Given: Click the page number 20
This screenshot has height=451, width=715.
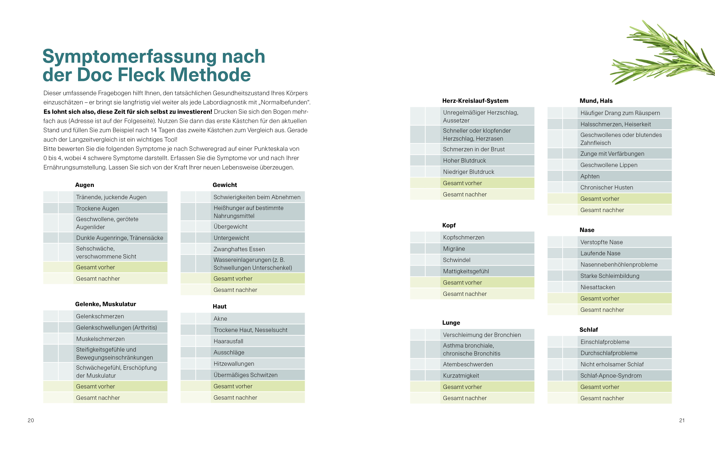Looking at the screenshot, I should [31, 420].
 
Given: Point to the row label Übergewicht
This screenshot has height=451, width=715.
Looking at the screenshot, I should [230, 227].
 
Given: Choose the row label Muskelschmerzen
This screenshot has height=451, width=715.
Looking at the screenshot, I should [100, 339].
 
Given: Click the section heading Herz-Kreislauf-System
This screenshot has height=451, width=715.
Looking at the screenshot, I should [475, 101].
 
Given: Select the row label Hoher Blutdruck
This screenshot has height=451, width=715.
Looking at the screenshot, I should [464, 160].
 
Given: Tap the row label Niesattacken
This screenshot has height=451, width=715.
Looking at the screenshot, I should [598, 287].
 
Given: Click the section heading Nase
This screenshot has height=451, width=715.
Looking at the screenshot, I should [587, 230].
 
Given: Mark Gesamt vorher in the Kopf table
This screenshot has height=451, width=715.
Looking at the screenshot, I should [462, 283].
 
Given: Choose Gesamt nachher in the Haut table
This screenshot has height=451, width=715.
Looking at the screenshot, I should [235, 397].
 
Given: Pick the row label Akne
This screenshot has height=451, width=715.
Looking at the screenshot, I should [220, 318].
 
